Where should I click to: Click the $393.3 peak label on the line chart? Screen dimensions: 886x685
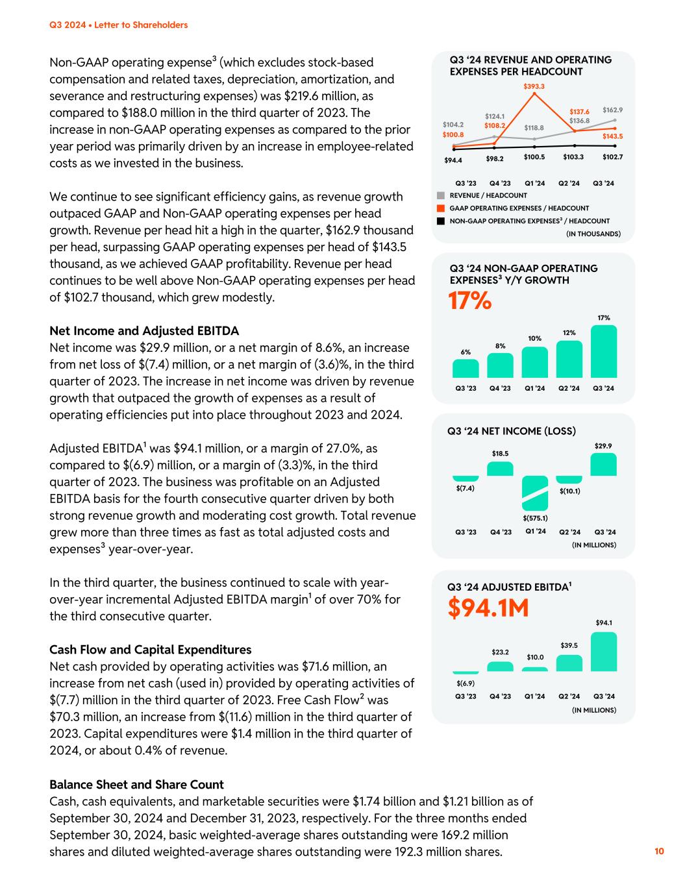pyautogui.click(x=534, y=86)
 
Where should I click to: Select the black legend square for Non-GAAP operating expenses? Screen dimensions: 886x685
pyautogui.click(x=441, y=221)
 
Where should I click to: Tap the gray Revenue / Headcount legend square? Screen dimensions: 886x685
pyautogui.click(x=441, y=195)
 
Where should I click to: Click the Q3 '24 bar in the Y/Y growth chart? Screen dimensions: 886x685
pyautogui.click(x=603, y=351)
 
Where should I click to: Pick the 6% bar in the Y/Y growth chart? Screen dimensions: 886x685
pyautogui.click(x=466, y=368)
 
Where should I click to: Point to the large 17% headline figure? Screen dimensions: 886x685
pyautogui.click(x=469, y=301)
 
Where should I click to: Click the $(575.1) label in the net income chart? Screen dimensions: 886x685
pyautogui.click(x=535, y=518)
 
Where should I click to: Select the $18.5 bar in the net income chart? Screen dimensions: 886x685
pyautogui.click(x=500, y=469)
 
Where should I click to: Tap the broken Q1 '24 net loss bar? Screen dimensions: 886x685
pyautogui.click(x=534, y=493)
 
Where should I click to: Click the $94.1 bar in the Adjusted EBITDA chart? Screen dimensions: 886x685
pyautogui.click(x=603, y=652)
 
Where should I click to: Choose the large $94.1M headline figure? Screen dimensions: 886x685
pyautogui.click(x=488, y=608)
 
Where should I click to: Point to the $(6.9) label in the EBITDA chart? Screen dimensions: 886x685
pyautogui.click(x=466, y=683)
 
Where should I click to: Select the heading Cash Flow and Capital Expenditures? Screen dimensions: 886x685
pyautogui.click(x=150, y=650)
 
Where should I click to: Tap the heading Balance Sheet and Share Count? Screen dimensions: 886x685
pyautogui.click(x=136, y=784)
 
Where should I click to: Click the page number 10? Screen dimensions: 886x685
pyautogui.click(x=659, y=852)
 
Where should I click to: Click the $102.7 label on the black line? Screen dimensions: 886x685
pyautogui.click(x=612, y=157)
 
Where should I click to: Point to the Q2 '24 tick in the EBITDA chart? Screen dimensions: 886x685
pyautogui.click(x=569, y=696)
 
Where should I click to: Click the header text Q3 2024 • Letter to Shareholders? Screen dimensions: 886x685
pyautogui.click(x=118, y=25)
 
